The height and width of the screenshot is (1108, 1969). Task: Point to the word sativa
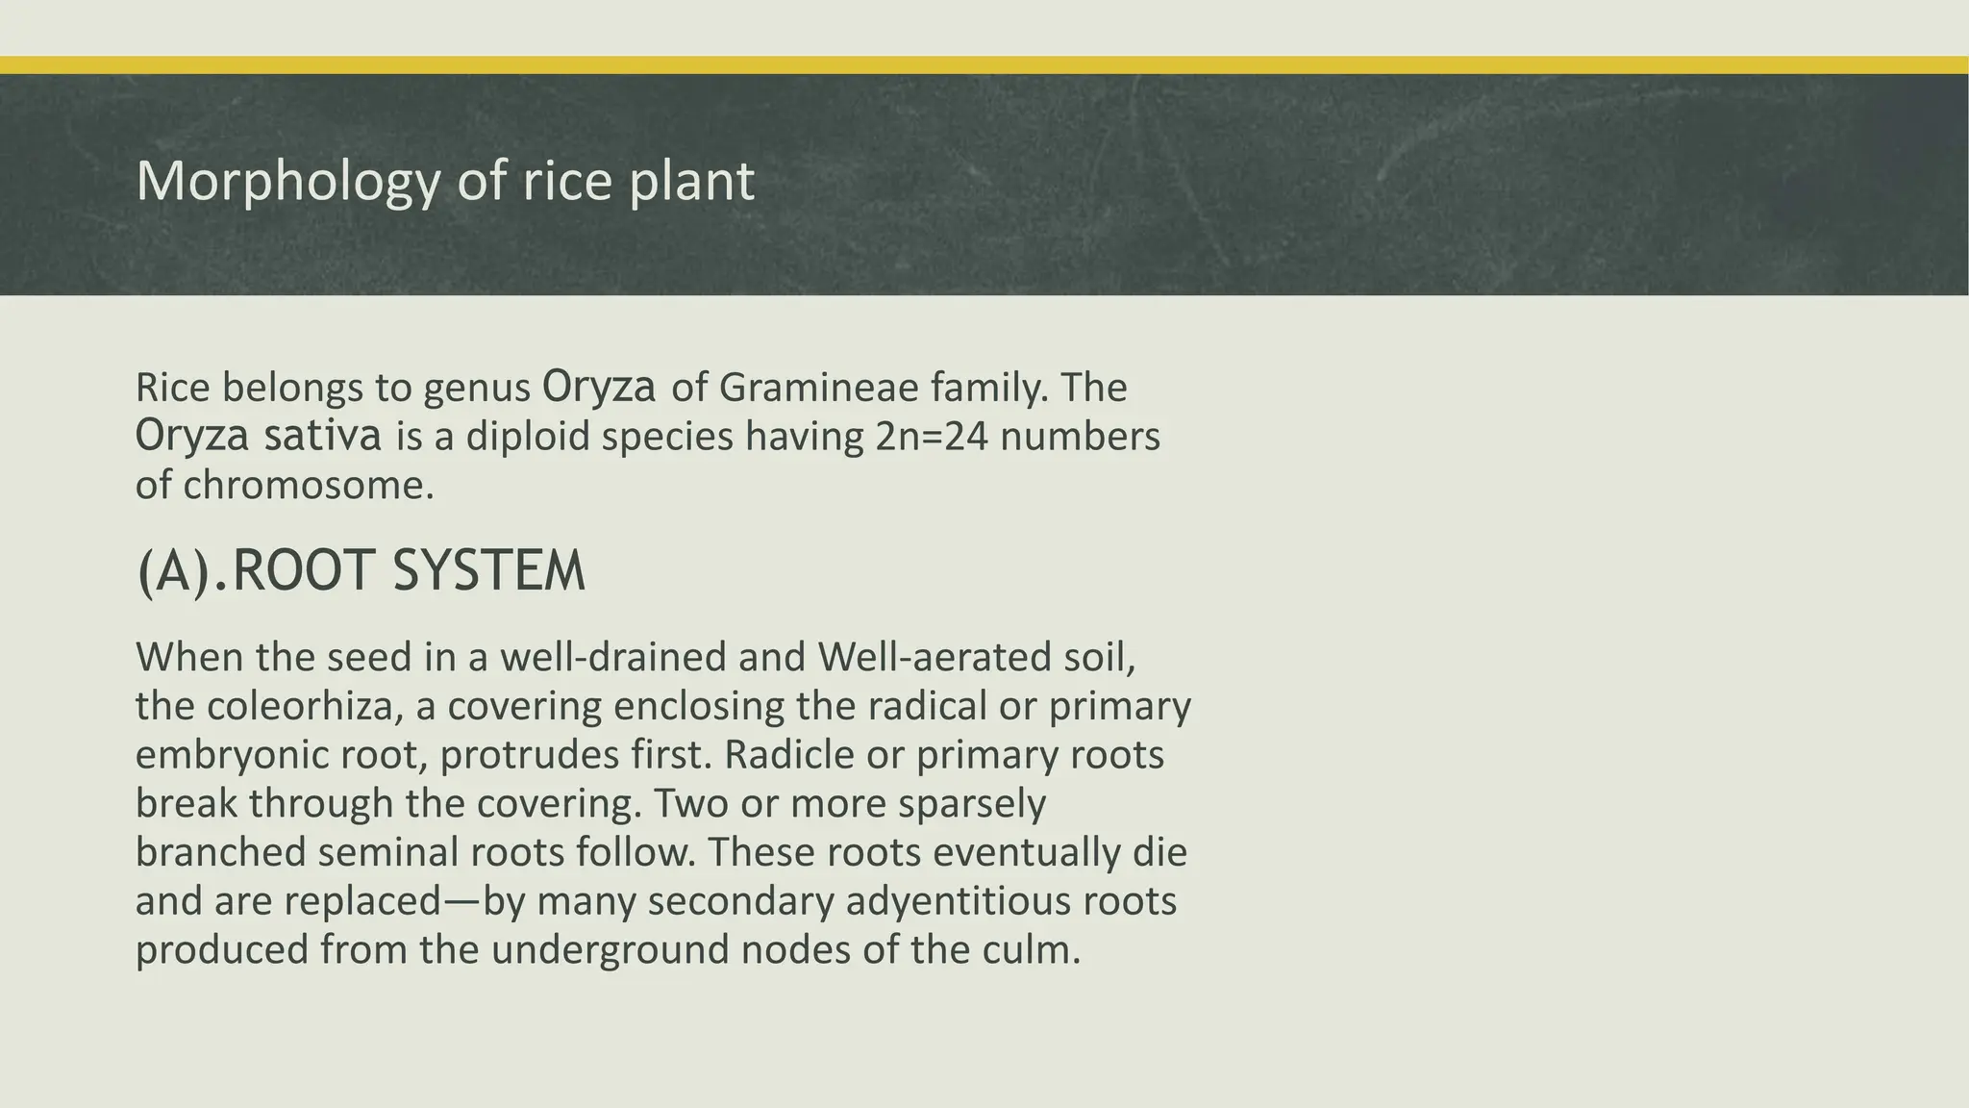[323, 436]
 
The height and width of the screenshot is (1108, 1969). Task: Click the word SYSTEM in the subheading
[488, 571]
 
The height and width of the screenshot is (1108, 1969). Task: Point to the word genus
[477, 389]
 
